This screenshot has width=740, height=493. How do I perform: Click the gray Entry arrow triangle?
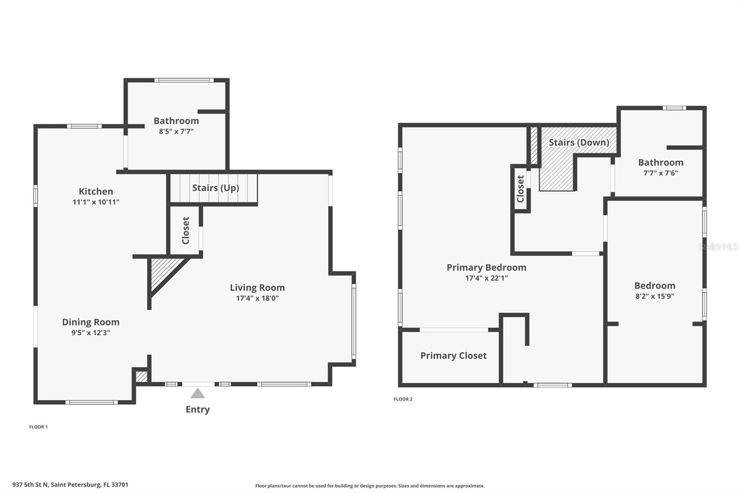(197, 394)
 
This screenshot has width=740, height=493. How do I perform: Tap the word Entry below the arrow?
(197, 409)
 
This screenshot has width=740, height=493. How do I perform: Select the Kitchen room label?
(96, 191)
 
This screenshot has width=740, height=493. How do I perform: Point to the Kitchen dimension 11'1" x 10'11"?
(96, 202)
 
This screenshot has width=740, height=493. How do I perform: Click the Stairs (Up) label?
(216, 188)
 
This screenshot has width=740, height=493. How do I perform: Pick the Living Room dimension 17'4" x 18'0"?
(257, 298)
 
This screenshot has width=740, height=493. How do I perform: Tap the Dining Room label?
(91, 322)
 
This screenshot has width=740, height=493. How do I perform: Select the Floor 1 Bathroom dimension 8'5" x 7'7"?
(176, 131)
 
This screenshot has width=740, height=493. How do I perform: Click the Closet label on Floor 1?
(185, 230)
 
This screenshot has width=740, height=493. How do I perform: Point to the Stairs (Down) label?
(579, 142)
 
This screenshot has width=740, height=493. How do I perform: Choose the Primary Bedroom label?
(486, 267)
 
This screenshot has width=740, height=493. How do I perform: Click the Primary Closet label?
(453, 356)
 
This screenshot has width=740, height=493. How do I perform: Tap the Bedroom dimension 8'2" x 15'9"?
(654, 296)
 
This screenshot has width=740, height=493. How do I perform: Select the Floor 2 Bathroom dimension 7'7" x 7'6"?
(660, 173)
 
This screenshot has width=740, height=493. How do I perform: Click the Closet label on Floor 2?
(520, 189)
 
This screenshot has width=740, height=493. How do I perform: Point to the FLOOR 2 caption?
(403, 399)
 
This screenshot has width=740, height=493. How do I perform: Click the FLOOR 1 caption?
(38, 427)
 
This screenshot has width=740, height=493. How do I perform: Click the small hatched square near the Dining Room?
(142, 376)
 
